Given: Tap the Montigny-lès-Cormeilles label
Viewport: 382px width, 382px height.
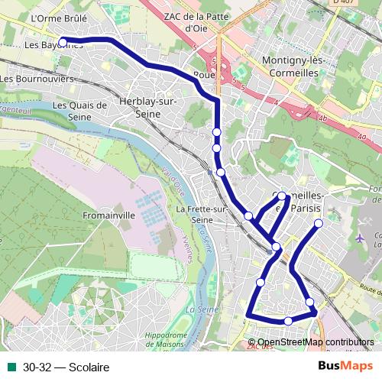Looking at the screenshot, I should (x=294, y=66).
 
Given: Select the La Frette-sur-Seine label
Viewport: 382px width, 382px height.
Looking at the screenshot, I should (x=202, y=215).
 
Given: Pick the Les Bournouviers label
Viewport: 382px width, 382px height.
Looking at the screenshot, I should (x=37, y=78).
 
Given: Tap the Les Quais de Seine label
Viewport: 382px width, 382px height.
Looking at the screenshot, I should (x=79, y=111).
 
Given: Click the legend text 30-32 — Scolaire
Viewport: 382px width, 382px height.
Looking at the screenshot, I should (x=66, y=367).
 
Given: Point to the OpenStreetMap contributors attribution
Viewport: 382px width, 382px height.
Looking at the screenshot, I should (x=316, y=342).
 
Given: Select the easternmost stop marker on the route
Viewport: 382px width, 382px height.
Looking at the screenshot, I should (x=319, y=223).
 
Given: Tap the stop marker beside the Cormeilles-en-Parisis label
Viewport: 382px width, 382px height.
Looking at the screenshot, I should (x=282, y=196).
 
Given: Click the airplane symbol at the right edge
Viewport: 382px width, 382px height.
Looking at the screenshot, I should (x=361, y=238).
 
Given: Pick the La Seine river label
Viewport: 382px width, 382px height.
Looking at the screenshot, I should (x=200, y=310).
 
